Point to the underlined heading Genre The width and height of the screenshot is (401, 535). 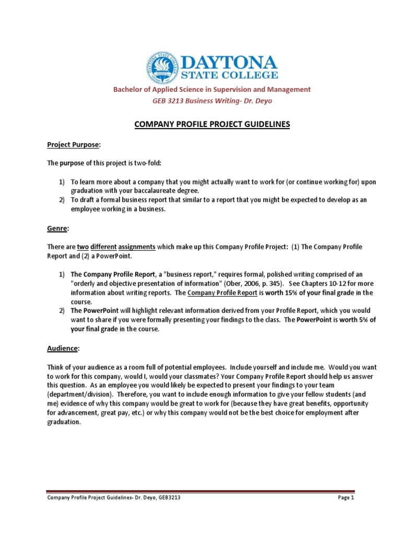click(x=57, y=228)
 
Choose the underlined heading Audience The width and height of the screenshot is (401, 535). click(x=63, y=347)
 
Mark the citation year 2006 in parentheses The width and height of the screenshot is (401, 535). click(x=240, y=284)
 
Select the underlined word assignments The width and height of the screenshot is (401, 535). click(x=136, y=246)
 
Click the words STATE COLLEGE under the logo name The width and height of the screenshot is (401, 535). click(x=229, y=76)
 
